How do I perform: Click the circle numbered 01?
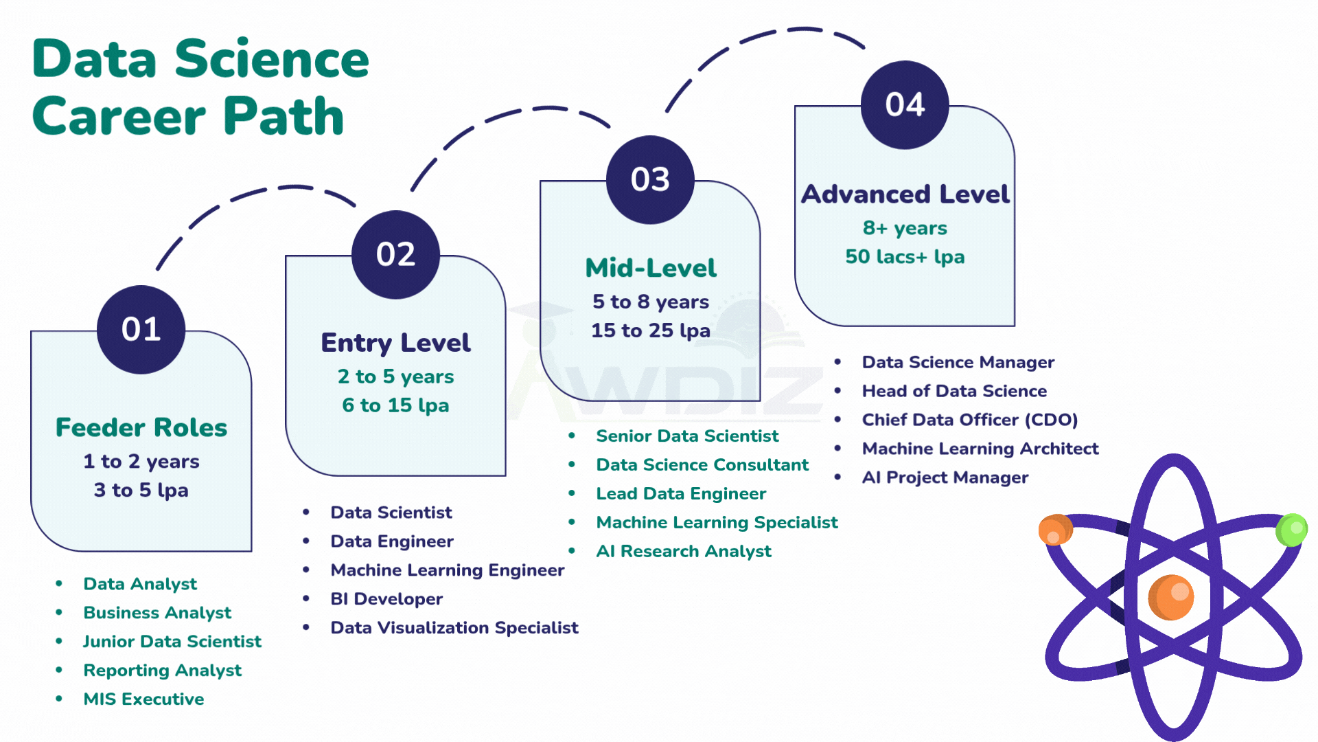point(141,330)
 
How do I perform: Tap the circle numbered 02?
point(395,255)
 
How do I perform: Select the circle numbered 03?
point(650,180)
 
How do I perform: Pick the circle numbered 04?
point(905,105)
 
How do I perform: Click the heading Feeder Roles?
point(141,427)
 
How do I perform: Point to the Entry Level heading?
point(395,343)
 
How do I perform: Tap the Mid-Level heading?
point(650,268)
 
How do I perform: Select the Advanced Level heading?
point(905,194)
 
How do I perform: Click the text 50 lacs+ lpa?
point(905,257)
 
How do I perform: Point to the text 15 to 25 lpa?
point(650,330)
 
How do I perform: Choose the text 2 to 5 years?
point(395,376)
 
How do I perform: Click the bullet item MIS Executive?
point(143,699)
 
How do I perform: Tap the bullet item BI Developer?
point(386,599)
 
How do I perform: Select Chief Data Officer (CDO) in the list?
point(969,420)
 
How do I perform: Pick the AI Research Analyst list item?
point(683,552)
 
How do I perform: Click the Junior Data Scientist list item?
point(172,642)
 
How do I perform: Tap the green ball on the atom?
point(1291,530)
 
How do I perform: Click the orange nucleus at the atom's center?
point(1171,597)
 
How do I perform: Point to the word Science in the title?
point(272,60)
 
